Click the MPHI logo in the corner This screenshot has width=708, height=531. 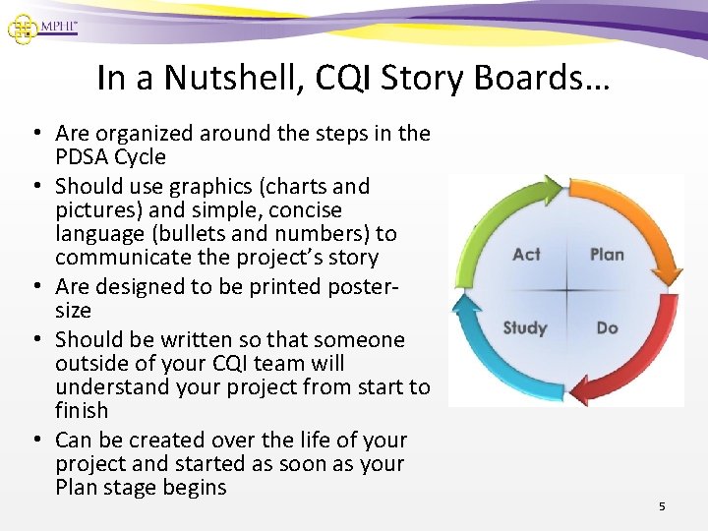click(x=41, y=27)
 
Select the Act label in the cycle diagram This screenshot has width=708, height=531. click(x=526, y=255)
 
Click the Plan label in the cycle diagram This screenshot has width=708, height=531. click(x=607, y=255)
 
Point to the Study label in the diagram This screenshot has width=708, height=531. click(x=524, y=327)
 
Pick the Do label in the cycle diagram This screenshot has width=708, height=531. click(x=607, y=327)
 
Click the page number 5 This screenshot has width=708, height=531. click(x=662, y=506)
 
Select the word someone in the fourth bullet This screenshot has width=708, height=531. click(x=363, y=339)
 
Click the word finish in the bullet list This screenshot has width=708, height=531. click(x=82, y=410)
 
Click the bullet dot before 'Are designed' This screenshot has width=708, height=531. click(x=34, y=287)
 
